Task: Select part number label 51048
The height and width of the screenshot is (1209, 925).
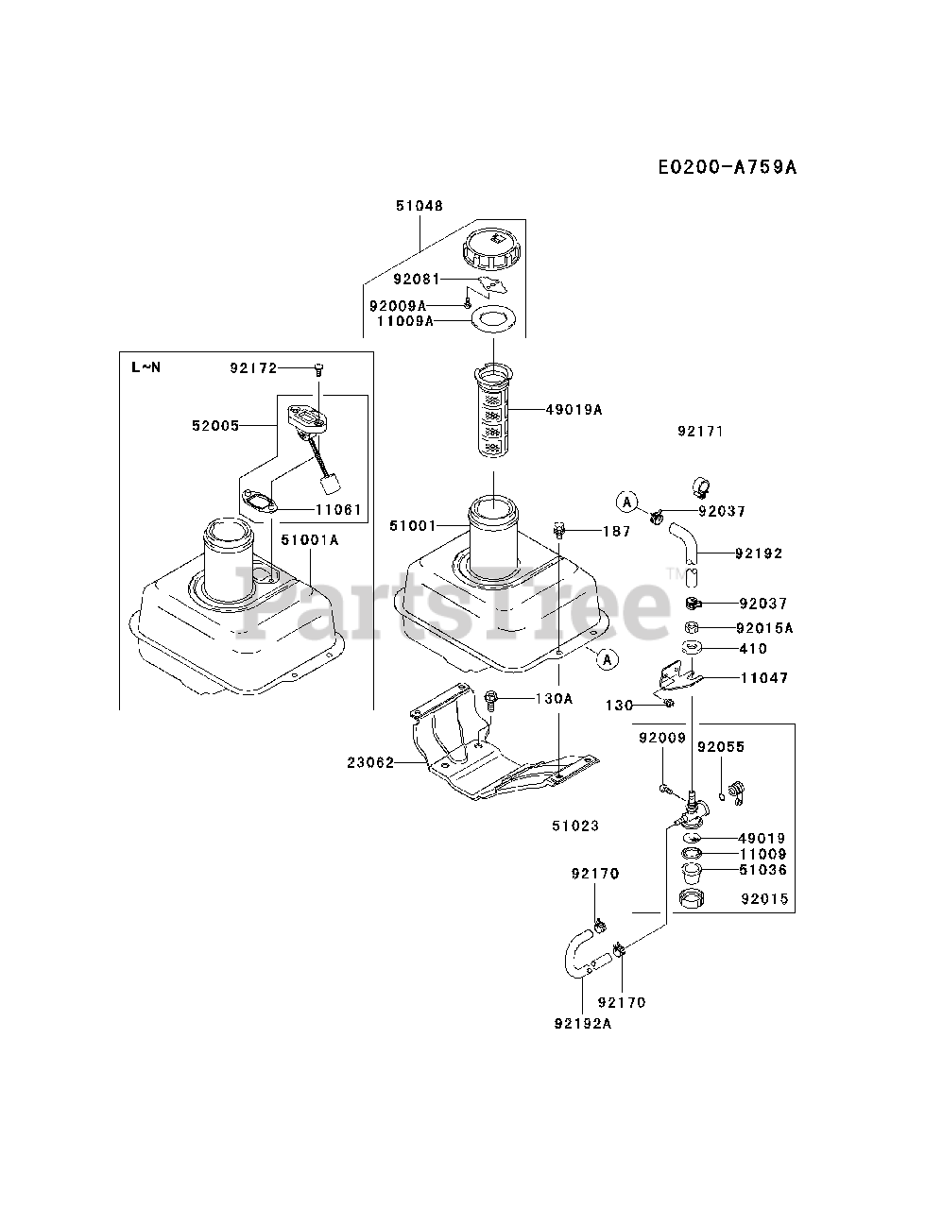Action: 419,205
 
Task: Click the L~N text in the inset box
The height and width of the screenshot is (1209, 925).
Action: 146,366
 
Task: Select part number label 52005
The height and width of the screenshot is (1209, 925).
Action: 214,426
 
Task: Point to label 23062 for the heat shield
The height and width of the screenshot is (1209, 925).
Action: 369,762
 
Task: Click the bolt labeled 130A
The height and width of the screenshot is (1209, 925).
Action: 491,700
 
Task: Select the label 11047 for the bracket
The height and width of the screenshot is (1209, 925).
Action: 763,677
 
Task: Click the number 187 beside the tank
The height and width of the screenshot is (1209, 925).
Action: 616,532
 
